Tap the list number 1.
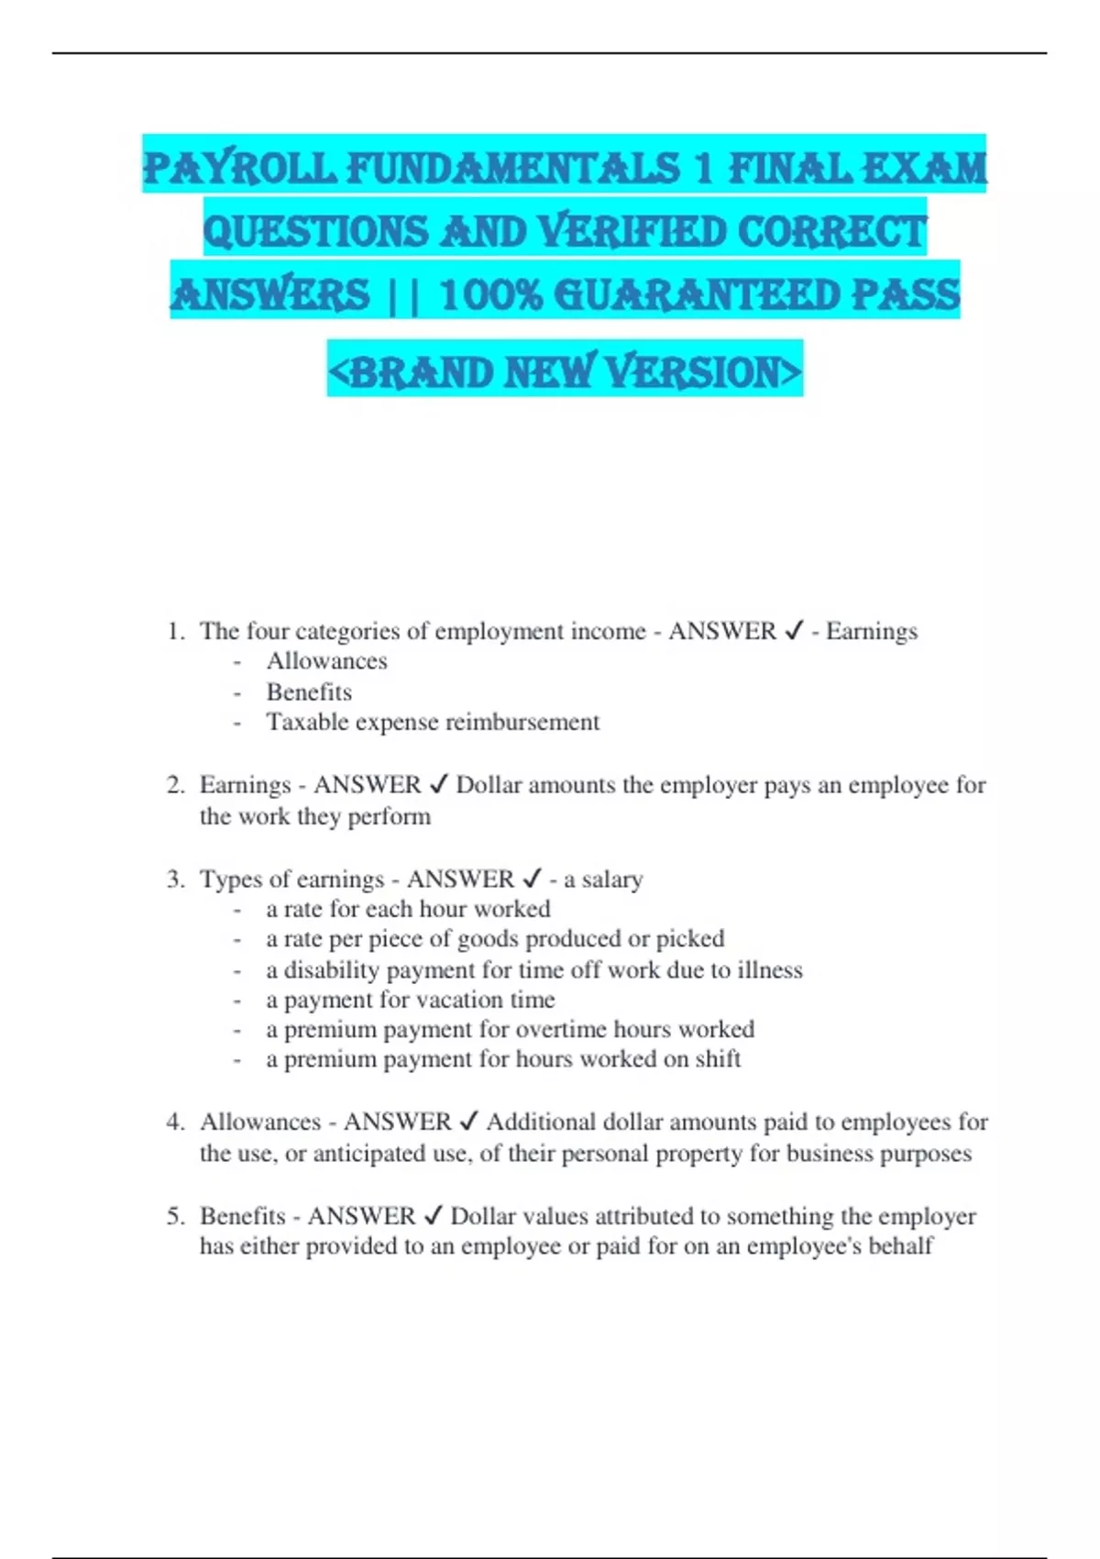[x=174, y=632]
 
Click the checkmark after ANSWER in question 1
[x=794, y=631]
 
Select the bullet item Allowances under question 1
[x=326, y=661]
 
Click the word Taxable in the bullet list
[x=307, y=723]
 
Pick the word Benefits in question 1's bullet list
[x=309, y=692]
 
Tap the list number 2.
[x=174, y=786]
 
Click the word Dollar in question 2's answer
[x=489, y=786]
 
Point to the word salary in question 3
[x=611, y=880]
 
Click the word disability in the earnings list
[x=332, y=970]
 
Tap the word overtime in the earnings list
[x=560, y=1030]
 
